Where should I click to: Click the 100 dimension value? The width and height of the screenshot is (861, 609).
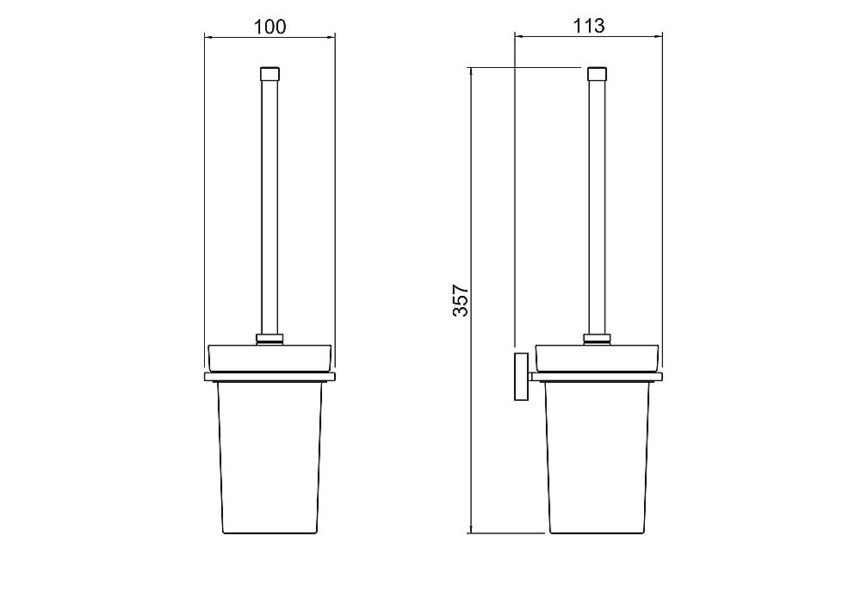[x=269, y=27]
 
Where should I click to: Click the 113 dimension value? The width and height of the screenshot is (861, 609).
[x=589, y=25]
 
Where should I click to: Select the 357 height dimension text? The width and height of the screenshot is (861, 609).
[x=460, y=300]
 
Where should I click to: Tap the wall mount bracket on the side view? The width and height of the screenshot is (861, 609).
[x=521, y=377]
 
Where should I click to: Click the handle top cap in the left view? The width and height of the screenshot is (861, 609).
[x=269, y=73]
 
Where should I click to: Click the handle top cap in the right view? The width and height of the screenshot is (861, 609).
[x=597, y=73]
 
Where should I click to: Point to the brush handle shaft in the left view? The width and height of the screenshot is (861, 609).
[x=269, y=207]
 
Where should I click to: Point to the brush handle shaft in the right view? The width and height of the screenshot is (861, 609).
[x=597, y=207]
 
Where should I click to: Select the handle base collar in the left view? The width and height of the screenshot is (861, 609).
[x=269, y=340]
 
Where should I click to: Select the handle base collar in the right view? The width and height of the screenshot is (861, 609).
[x=597, y=340]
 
